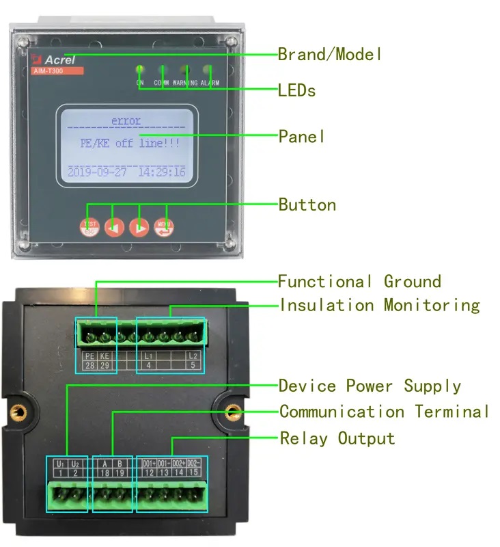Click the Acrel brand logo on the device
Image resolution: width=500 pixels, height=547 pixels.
point(56,59)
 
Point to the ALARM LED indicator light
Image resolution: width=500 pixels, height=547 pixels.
point(206,69)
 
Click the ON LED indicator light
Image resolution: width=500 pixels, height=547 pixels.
point(140,69)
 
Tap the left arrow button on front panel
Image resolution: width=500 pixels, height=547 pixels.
point(114,228)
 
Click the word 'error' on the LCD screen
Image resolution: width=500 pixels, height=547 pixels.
point(126,121)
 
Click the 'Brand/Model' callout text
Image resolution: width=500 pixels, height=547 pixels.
point(330,54)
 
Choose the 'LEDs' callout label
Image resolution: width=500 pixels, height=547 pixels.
point(296,90)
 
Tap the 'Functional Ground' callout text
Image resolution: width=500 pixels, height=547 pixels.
point(359,281)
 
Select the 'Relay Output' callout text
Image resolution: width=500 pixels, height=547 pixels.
point(337,438)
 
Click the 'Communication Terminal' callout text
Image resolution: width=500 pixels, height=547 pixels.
point(384,412)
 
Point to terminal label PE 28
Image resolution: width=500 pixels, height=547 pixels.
point(89,361)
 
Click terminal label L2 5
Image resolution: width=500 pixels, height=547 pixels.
point(193,361)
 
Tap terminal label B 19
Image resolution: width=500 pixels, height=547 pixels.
point(119,468)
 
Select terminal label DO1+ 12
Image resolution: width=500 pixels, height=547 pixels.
point(148,468)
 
